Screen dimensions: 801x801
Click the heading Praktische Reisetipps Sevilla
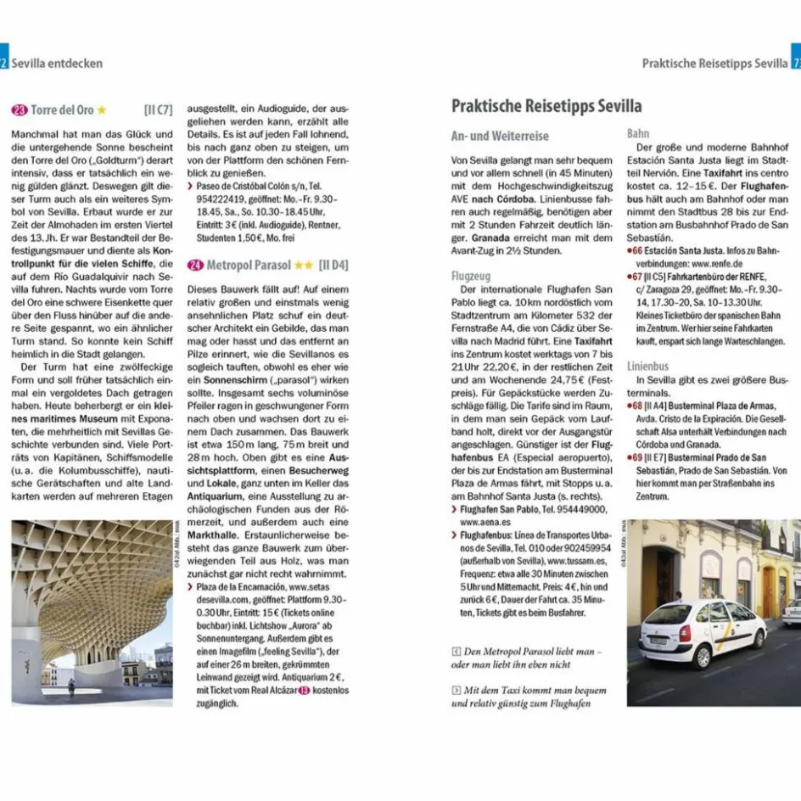[546, 107]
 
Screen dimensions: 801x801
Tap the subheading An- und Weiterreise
[500, 136]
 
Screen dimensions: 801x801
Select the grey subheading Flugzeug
[472, 276]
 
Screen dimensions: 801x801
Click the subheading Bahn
[638, 133]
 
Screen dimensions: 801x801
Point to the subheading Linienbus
[648, 366]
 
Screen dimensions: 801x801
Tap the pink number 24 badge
[195, 265]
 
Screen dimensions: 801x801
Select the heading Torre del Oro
[62, 110]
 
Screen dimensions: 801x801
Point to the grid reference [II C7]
[159, 110]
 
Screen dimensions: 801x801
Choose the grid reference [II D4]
[333, 265]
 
